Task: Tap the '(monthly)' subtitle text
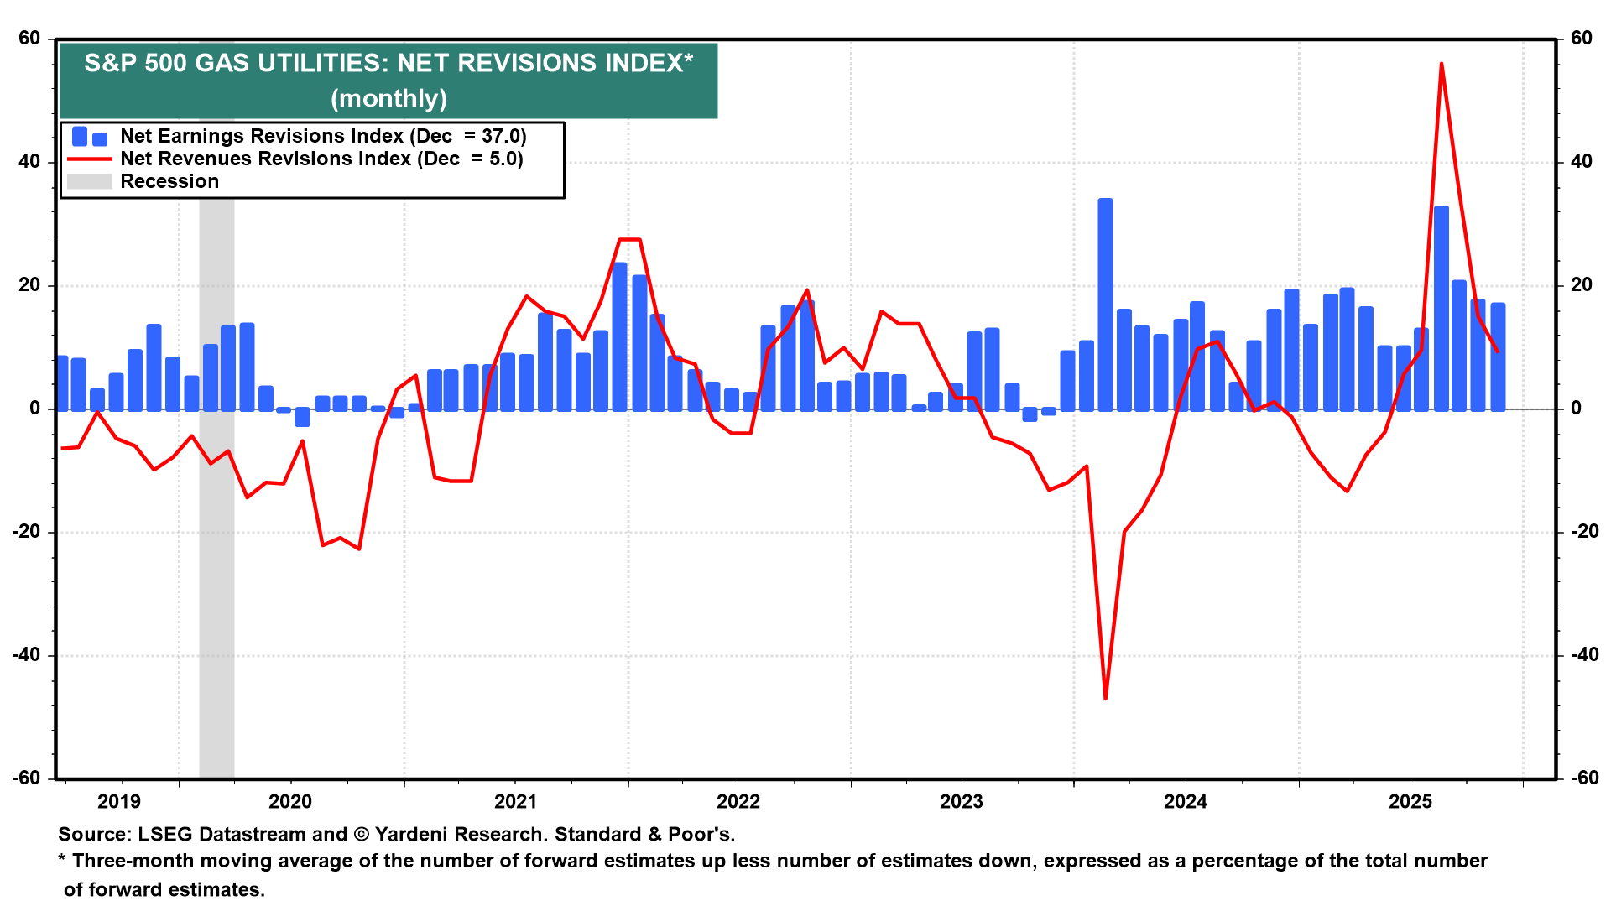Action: (x=388, y=99)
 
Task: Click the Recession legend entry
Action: (x=169, y=181)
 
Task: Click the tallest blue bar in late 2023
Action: (x=1105, y=302)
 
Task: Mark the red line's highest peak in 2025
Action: (x=1442, y=64)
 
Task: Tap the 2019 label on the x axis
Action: (x=119, y=802)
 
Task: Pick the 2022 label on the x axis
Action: (x=738, y=802)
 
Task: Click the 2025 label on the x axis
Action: (x=1410, y=802)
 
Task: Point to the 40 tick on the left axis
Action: (x=29, y=162)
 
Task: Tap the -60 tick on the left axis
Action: (x=27, y=778)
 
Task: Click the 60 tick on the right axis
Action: (x=1581, y=39)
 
